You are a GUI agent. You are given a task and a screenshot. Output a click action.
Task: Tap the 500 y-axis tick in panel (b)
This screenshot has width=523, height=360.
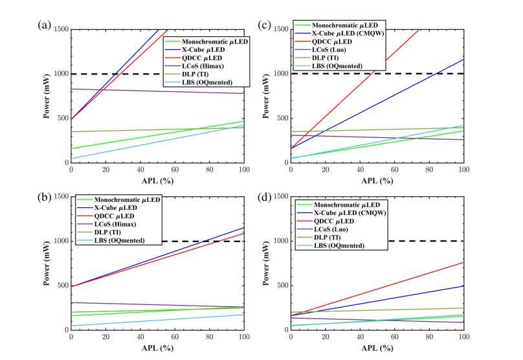click(62, 286)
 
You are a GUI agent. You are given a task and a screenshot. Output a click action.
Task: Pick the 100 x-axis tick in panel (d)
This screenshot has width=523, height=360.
click(463, 337)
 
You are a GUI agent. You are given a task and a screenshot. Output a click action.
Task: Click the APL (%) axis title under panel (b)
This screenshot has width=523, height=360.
click(157, 347)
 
